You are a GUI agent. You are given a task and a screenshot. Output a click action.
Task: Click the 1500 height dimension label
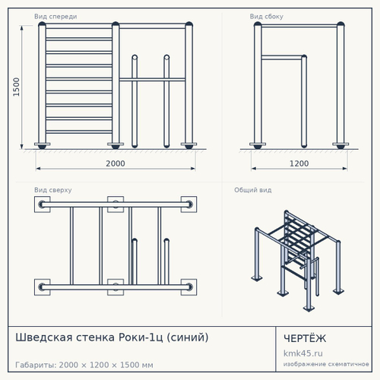16,87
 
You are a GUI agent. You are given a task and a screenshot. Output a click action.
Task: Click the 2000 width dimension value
116,163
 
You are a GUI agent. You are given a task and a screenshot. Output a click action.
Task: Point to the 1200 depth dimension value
299,163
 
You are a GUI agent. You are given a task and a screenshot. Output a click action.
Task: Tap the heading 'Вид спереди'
55,17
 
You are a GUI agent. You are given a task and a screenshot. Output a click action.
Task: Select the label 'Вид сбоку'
267,17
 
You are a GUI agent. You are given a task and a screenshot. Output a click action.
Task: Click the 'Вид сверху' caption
53,190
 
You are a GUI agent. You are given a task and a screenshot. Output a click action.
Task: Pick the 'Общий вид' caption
253,190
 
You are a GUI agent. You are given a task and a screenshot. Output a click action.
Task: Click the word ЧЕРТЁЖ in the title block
305,338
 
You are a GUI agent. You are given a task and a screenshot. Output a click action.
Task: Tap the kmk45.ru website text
303,353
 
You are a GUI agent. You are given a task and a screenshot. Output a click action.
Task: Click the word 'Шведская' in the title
44,337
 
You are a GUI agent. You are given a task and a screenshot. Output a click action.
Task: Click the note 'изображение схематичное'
326,364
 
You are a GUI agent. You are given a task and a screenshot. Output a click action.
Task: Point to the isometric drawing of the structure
298,261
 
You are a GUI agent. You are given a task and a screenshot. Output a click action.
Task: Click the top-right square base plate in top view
188,204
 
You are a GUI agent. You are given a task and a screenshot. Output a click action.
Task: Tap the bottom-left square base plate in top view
43,287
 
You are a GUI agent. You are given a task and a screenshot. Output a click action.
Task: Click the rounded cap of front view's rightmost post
188,25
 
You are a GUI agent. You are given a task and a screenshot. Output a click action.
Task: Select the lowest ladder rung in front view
79,131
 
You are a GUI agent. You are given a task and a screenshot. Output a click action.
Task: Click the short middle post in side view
304,101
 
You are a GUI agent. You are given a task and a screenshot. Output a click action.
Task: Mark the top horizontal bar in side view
299,26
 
